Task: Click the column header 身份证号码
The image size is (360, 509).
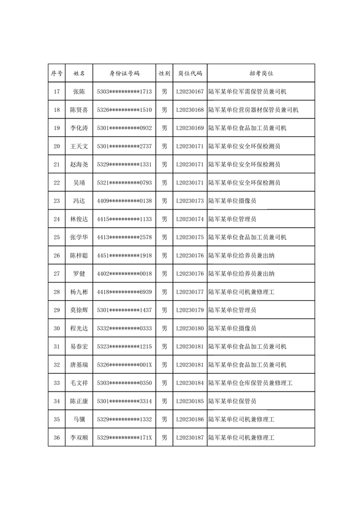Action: coord(124,73)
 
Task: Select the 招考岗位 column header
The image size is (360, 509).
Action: coord(261,73)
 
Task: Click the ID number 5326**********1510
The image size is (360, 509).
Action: coord(124,110)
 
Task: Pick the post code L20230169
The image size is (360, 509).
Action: coord(189,128)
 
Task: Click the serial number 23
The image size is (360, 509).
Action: coord(56,200)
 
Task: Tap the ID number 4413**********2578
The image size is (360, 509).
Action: coord(124,237)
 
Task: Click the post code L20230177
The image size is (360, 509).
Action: coord(189,292)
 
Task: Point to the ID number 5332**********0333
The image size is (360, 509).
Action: coord(124,328)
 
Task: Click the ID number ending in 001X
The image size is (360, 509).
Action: coord(124,364)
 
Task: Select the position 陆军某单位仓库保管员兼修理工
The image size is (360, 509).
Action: coord(250,383)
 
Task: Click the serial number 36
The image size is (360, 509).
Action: coord(56,438)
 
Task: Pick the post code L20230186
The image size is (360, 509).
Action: coord(189,419)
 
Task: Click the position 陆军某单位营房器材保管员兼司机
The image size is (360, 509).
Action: coord(254,110)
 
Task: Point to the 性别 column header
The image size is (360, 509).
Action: coord(164,73)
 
